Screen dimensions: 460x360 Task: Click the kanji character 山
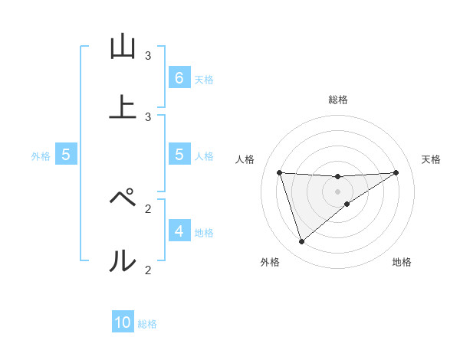click(x=123, y=47)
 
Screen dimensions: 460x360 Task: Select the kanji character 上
click(x=123, y=107)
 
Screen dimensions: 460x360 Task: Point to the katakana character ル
click(x=123, y=261)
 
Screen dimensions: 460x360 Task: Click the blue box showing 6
click(x=179, y=77)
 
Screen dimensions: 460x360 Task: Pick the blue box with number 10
click(x=123, y=322)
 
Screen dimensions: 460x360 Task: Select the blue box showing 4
click(x=179, y=231)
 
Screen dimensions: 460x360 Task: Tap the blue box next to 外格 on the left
click(x=66, y=154)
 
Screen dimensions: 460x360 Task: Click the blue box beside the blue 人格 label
click(x=179, y=154)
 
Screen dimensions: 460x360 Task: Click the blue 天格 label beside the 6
click(x=204, y=79)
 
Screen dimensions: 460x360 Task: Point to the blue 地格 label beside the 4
click(x=204, y=232)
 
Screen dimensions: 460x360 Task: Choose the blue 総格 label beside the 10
click(x=147, y=324)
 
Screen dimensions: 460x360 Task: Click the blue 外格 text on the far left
click(x=41, y=155)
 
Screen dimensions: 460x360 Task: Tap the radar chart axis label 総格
click(x=337, y=100)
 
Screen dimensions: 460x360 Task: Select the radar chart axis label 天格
click(x=431, y=159)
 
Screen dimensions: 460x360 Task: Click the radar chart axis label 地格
click(x=402, y=262)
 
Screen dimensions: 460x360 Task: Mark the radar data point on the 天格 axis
click(x=396, y=172)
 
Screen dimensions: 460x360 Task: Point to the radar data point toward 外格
click(x=301, y=242)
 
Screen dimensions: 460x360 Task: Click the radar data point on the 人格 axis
click(x=279, y=172)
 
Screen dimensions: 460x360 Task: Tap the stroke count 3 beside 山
click(x=148, y=55)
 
